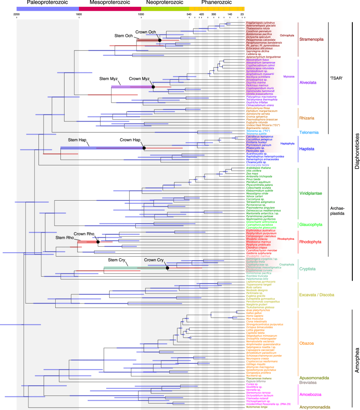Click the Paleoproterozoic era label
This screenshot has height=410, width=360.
[47, 3]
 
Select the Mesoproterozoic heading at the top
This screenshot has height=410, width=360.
[110, 3]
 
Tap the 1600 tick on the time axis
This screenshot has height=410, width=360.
[79, 14]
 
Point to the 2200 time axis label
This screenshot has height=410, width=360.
[16, 14]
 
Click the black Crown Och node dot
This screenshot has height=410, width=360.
[159, 40]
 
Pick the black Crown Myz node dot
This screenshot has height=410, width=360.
[153, 86]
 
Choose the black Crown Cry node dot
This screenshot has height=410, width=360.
[167, 267]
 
